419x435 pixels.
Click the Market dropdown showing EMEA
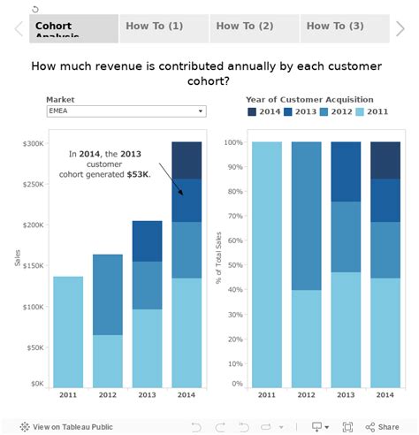click(126, 111)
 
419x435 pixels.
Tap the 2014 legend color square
click(252, 112)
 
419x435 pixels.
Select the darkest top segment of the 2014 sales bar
click(187, 160)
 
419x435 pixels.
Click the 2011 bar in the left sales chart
click(68, 332)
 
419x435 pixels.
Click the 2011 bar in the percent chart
click(267, 264)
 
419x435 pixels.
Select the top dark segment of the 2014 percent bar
click(385, 160)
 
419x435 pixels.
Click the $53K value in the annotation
click(138, 174)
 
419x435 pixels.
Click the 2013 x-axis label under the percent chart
click(346, 396)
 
